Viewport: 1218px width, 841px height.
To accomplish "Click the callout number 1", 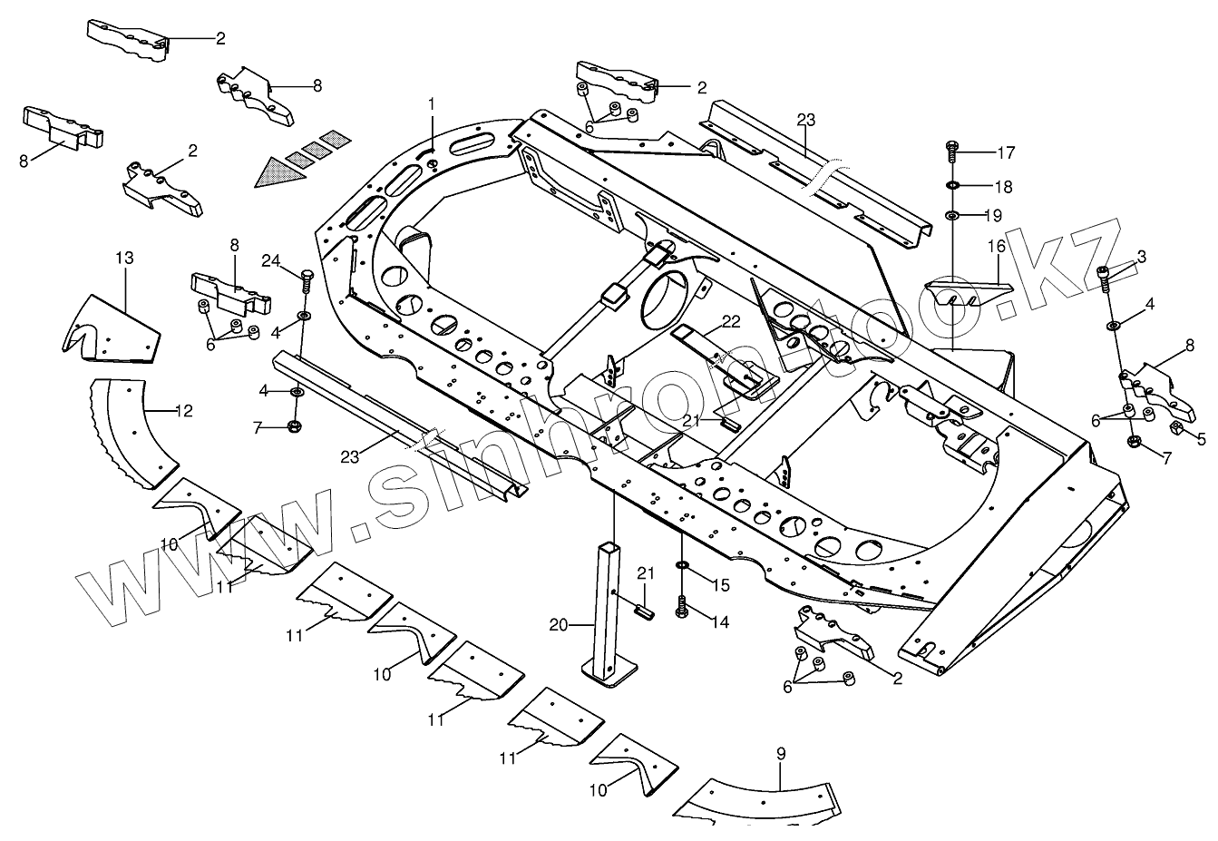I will pos(432,104).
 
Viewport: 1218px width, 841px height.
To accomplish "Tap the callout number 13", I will pos(124,259).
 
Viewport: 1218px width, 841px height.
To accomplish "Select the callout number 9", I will pos(781,753).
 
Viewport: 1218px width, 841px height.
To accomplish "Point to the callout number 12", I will pos(183,411).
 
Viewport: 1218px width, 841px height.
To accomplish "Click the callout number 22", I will pos(731,322).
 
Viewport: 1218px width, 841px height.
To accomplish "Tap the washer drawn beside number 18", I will pos(952,186).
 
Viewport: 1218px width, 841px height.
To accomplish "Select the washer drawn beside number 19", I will pos(952,216).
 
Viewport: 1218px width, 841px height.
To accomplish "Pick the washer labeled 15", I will pos(681,568).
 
